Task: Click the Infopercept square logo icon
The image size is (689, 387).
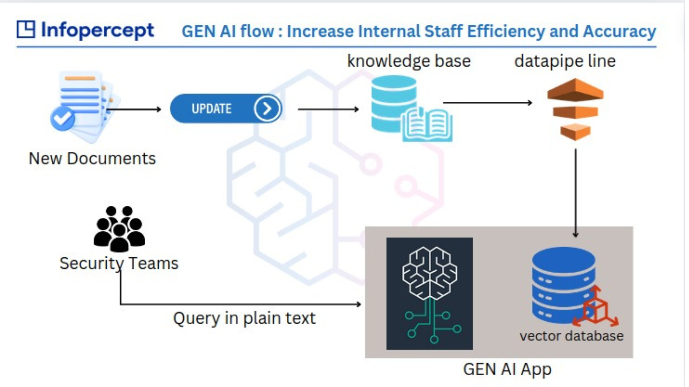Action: pyautogui.click(x=26, y=29)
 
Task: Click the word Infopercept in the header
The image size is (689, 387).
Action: pyautogui.click(x=97, y=30)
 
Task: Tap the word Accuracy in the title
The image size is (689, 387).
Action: pyautogui.click(x=619, y=31)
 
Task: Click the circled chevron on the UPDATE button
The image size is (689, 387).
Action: pyautogui.click(x=267, y=109)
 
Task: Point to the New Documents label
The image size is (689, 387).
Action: pyautogui.click(x=92, y=158)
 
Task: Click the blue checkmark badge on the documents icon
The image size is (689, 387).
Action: pyautogui.click(x=62, y=118)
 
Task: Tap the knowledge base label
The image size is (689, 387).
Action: pyautogui.click(x=409, y=61)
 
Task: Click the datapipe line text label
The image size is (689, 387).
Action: pyautogui.click(x=565, y=61)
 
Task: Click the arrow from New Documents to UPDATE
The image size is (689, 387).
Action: pyautogui.click(x=134, y=109)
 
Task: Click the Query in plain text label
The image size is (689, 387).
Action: pyautogui.click(x=244, y=318)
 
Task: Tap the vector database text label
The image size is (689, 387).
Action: pyautogui.click(x=571, y=336)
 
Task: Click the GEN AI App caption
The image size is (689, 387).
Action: pyautogui.click(x=507, y=369)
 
